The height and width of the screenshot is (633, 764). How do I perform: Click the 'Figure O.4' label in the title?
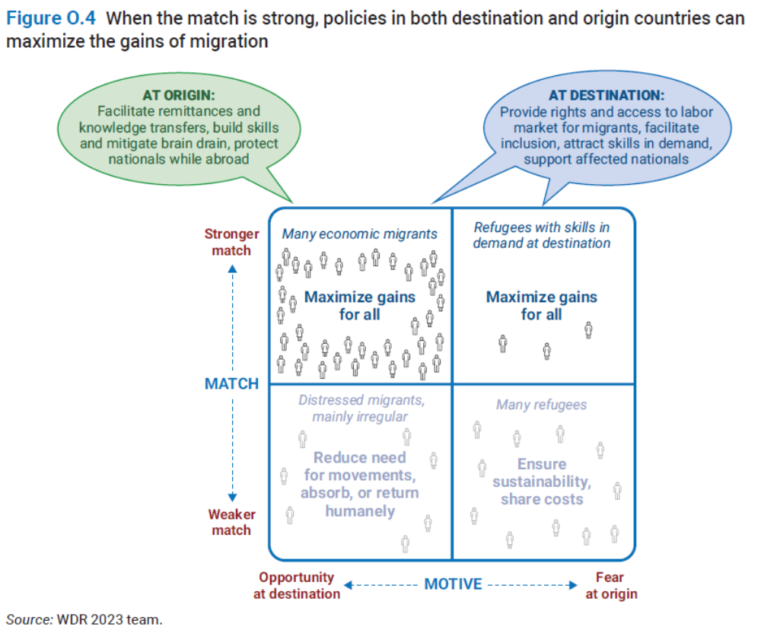51,18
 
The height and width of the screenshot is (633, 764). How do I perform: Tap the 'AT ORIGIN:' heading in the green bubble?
179,95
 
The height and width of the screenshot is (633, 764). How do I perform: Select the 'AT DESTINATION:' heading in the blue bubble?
606,95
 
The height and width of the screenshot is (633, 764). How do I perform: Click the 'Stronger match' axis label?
231,242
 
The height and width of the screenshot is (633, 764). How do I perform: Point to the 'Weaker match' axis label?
231,522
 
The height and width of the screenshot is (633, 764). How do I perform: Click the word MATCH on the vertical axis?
231,384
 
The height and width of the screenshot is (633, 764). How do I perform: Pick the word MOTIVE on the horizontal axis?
453,584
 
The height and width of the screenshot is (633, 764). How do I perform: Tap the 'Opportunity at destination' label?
297,585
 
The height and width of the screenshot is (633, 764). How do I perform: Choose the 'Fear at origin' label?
611,585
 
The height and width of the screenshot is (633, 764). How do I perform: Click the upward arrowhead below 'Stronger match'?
232,269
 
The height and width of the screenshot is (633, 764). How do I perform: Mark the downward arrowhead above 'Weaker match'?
232,497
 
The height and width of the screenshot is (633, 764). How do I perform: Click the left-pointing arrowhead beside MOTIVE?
348,584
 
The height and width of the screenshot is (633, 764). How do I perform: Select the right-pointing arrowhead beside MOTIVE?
573,584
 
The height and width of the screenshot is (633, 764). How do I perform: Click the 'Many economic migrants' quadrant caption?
360,234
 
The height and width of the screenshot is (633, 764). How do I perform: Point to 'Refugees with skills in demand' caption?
541,235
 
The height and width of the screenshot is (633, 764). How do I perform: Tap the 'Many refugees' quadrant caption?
541,405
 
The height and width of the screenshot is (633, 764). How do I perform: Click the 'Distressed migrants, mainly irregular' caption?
361,409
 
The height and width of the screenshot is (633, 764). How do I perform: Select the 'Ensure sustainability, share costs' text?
542,482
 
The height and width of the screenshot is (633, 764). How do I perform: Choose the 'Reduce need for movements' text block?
360,485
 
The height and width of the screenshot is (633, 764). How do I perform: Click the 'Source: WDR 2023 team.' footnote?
84,619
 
